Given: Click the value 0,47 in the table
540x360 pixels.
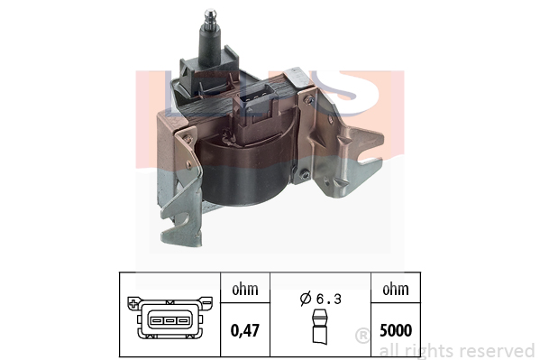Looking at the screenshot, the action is (245, 331).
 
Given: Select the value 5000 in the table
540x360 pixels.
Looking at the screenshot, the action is (396, 330).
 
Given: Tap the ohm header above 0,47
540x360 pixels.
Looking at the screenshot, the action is (245, 290).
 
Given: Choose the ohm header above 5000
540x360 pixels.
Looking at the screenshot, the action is (396, 290).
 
